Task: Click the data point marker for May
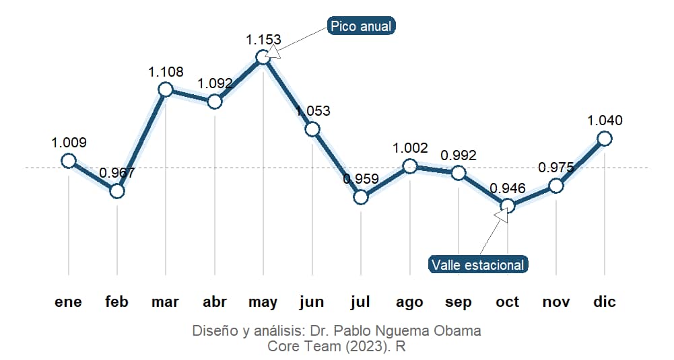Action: click(x=263, y=57)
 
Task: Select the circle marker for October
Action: click(x=508, y=206)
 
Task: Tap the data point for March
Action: click(x=166, y=89)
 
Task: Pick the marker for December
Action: click(x=605, y=138)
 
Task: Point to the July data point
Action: click(x=361, y=197)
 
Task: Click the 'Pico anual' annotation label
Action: click(x=361, y=26)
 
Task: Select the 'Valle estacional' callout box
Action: click(x=478, y=264)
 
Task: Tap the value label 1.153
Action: click(x=263, y=40)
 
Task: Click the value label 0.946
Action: click(x=508, y=188)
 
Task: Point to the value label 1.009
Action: click(x=69, y=143)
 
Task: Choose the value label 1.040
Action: click(x=605, y=120)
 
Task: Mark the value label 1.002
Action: click(x=410, y=148)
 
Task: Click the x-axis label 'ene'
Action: click(x=69, y=302)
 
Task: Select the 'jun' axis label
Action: click(x=312, y=302)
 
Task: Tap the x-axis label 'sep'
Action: click(x=459, y=302)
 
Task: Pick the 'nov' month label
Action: click(x=556, y=302)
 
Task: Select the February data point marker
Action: click(x=117, y=191)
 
